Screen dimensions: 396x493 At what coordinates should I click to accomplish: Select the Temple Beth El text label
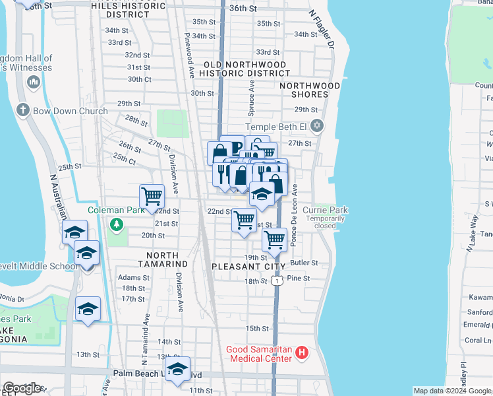(x=276, y=127)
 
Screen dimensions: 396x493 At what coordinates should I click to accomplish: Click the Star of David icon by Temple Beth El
(x=317, y=125)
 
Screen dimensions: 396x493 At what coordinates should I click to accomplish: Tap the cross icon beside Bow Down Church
(x=22, y=110)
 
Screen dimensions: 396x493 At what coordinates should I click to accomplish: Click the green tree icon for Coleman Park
(x=117, y=226)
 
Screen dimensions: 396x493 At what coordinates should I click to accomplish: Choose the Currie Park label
(x=325, y=210)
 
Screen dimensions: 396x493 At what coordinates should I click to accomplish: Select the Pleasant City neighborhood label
(x=248, y=267)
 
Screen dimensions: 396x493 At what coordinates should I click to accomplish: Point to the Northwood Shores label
(x=310, y=90)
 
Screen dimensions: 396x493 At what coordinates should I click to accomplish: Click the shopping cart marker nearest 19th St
(x=274, y=240)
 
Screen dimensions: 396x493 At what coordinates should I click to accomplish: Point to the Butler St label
(x=304, y=263)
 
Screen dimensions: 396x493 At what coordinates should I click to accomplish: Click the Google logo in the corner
(x=22, y=388)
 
